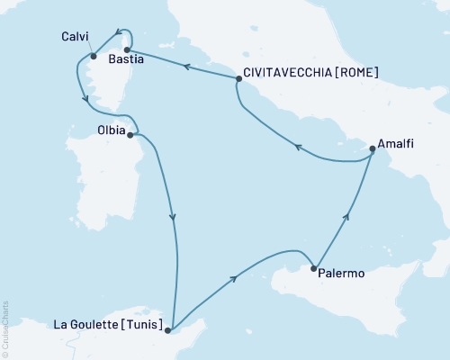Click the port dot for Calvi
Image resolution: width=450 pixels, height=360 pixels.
coord(93,57)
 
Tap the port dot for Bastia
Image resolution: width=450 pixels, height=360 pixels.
coord(128,49)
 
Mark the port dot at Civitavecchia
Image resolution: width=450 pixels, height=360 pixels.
coord(238,79)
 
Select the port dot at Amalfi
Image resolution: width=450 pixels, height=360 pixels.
coord(373,149)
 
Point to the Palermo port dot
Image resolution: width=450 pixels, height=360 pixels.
coord(313,268)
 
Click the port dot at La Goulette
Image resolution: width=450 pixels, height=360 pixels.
coord(168,330)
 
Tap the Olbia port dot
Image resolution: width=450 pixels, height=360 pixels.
coord(131,135)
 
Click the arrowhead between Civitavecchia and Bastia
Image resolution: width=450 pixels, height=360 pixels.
coord(185,66)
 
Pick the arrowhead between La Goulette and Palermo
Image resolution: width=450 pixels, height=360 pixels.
coord(234,279)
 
